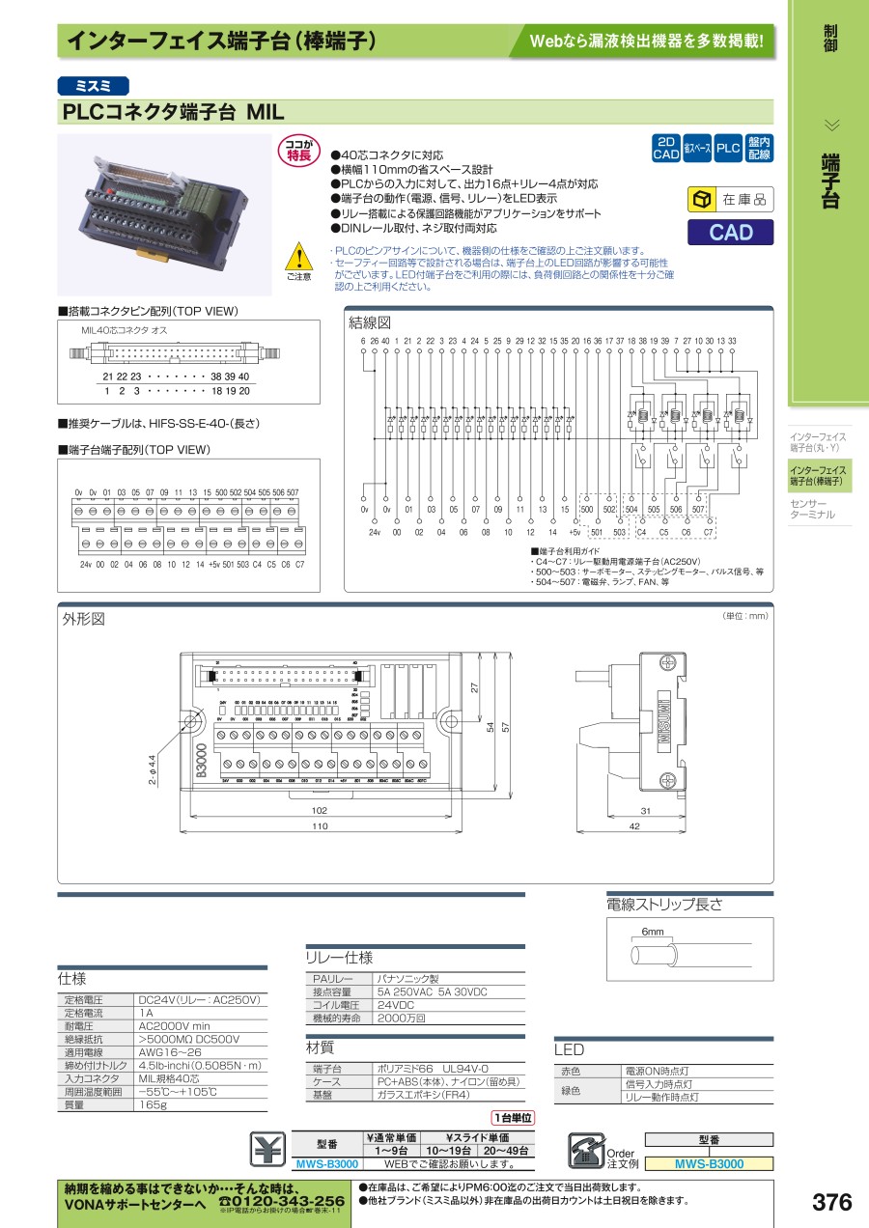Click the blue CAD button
pos(730,232)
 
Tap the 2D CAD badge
pos(666,148)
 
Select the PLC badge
pos(728,148)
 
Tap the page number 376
pos(831,1202)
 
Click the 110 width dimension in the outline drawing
pos(320,826)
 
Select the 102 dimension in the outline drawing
pos(320,810)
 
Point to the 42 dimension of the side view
pos(632,826)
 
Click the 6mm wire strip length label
pos(653,933)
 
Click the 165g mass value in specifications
pos(153,1104)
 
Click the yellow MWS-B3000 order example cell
pos(709,1164)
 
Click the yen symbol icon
pos(268,1148)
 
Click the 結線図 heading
pos(371,322)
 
